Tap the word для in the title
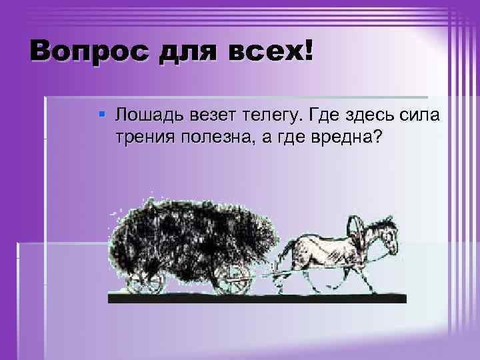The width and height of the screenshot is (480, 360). [185, 51]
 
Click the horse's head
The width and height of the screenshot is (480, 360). [386, 239]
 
